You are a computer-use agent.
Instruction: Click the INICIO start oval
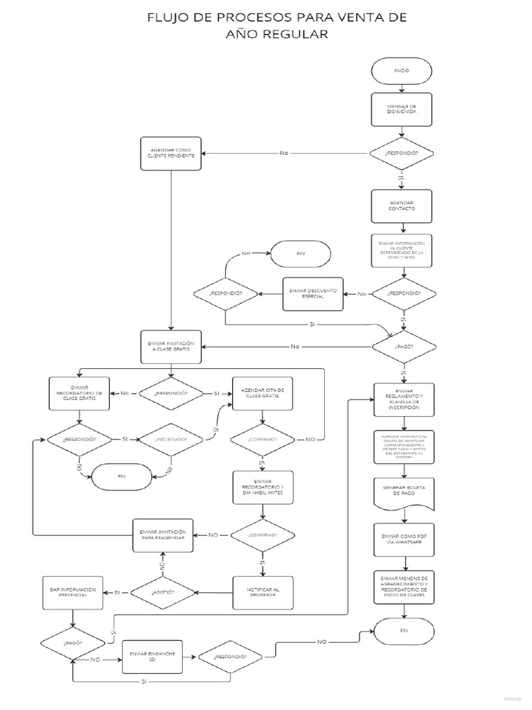coord(402,71)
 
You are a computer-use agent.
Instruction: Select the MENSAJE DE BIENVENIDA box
coord(402,110)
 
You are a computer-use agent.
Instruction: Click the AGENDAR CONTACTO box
coord(402,204)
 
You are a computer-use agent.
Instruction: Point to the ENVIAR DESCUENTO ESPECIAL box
coord(313,294)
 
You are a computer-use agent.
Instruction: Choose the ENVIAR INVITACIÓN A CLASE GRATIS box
coord(171,346)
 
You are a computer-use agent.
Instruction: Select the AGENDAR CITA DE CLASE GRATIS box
coord(263,393)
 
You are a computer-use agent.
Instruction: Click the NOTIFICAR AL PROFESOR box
coord(263,592)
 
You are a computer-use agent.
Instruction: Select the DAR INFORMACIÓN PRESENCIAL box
coord(73,592)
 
